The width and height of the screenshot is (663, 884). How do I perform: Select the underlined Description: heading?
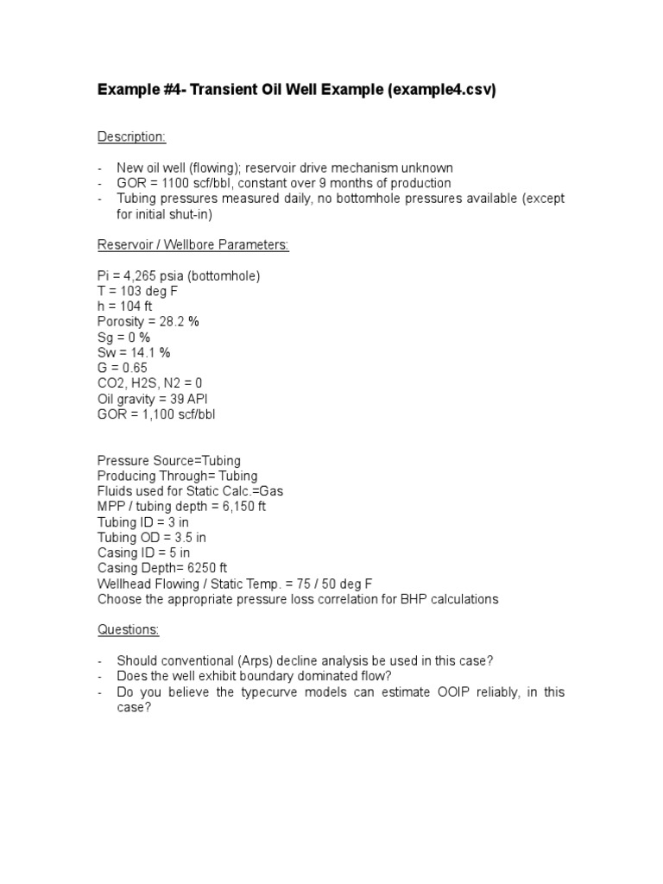click(x=131, y=136)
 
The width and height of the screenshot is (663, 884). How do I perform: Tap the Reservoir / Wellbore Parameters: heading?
click(x=193, y=245)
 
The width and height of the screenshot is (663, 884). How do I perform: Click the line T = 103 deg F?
click(x=138, y=291)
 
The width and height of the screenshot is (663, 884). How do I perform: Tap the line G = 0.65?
click(x=123, y=368)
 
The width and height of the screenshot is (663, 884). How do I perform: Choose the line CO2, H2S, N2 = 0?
click(x=150, y=383)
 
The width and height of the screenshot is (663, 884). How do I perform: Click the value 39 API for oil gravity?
click(x=188, y=399)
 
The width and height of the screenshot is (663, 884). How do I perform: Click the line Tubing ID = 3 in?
click(x=143, y=521)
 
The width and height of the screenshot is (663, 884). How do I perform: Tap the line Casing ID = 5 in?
click(x=144, y=552)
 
